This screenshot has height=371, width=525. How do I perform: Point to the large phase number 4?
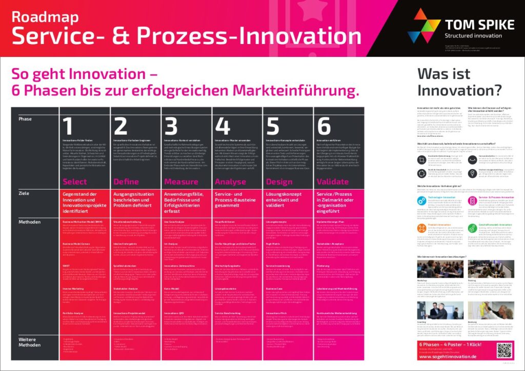click(223, 126)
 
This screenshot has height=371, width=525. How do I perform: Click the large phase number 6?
click(324, 126)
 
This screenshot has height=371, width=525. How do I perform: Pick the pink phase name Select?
click(75, 181)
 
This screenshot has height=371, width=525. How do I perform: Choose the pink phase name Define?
click(126, 181)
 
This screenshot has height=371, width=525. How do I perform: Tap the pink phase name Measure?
click(180, 181)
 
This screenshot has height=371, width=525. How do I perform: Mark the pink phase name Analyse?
click(231, 181)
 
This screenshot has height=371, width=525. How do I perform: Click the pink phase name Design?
click(279, 181)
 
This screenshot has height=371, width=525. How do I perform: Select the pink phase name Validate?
click(333, 181)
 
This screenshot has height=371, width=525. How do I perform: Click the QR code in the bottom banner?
click(504, 350)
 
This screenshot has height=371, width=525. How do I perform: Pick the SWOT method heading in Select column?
click(66, 265)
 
